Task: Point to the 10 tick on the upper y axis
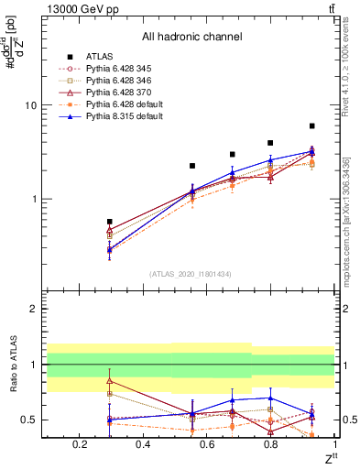click(30, 105)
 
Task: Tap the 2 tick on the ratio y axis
click(32, 309)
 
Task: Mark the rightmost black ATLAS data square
click(312, 125)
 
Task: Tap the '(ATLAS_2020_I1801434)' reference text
click(191, 274)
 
